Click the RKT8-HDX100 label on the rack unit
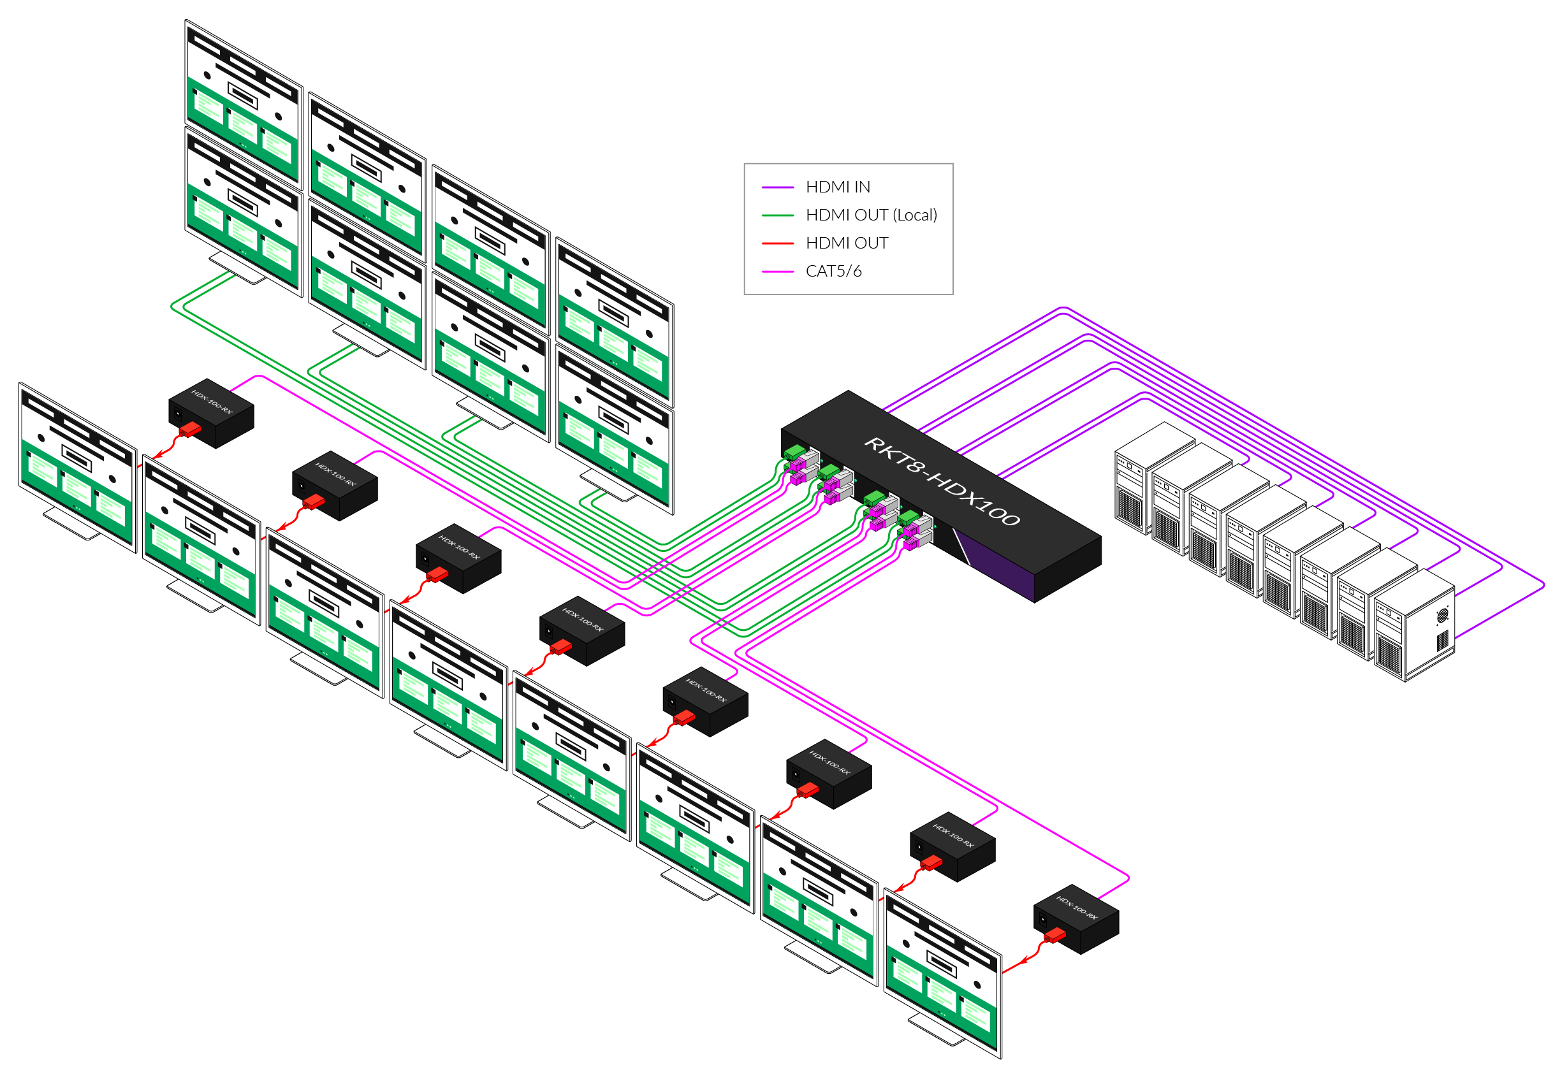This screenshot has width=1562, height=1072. [x=941, y=481]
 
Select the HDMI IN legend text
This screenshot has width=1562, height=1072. [x=838, y=187]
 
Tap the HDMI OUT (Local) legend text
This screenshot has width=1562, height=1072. [x=871, y=215]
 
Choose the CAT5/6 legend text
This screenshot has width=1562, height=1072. [x=833, y=271]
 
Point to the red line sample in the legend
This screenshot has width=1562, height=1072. [x=778, y=243]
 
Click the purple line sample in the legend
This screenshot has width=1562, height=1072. [x=778, y=187]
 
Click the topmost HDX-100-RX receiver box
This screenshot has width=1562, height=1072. [x=211, y=412]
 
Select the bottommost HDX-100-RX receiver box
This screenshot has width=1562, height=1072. [x=1076, y=919]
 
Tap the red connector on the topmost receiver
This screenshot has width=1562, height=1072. [x=190, y=429]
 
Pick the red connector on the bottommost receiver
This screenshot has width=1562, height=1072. [x=1055, y=935]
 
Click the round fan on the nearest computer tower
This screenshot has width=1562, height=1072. [x=1442, y=616]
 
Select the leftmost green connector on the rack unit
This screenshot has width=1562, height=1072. [x=794, y=452]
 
